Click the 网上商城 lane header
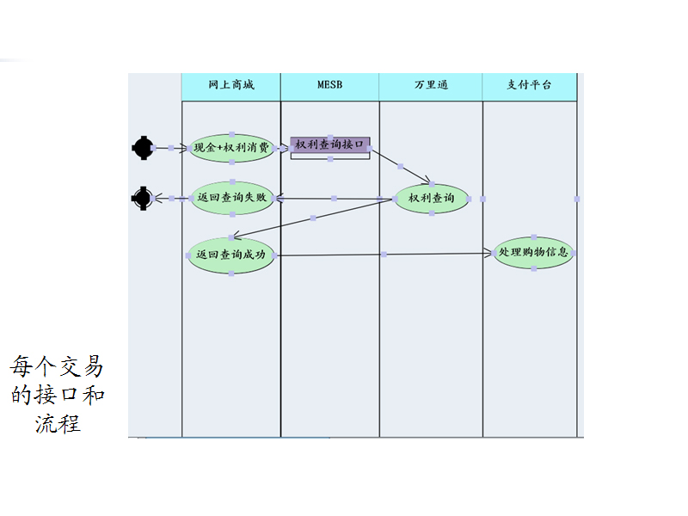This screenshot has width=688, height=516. [230, 86]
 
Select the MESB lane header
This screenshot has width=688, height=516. [329, 86]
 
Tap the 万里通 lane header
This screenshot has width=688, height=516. [431, 86]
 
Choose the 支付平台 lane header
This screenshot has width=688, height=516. [529, 86]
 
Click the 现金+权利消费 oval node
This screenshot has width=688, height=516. [231, 148]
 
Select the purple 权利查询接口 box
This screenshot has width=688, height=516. [330, 144]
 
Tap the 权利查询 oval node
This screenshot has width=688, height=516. [432, 199]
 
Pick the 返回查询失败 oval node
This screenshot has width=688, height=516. [231, 198]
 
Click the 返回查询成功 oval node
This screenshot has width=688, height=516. [230, 255]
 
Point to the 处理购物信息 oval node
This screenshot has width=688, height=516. [533, 253]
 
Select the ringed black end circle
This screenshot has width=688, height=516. [142, 199]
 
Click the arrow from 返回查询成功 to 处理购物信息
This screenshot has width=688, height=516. [384, 254]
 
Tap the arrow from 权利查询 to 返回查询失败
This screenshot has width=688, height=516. [335, 199]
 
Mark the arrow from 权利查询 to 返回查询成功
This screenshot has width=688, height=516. [313, 218]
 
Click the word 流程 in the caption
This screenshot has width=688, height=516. [58, 424]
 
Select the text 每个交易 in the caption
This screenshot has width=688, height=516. [57, 367]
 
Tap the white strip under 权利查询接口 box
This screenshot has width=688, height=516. [330, 156]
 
